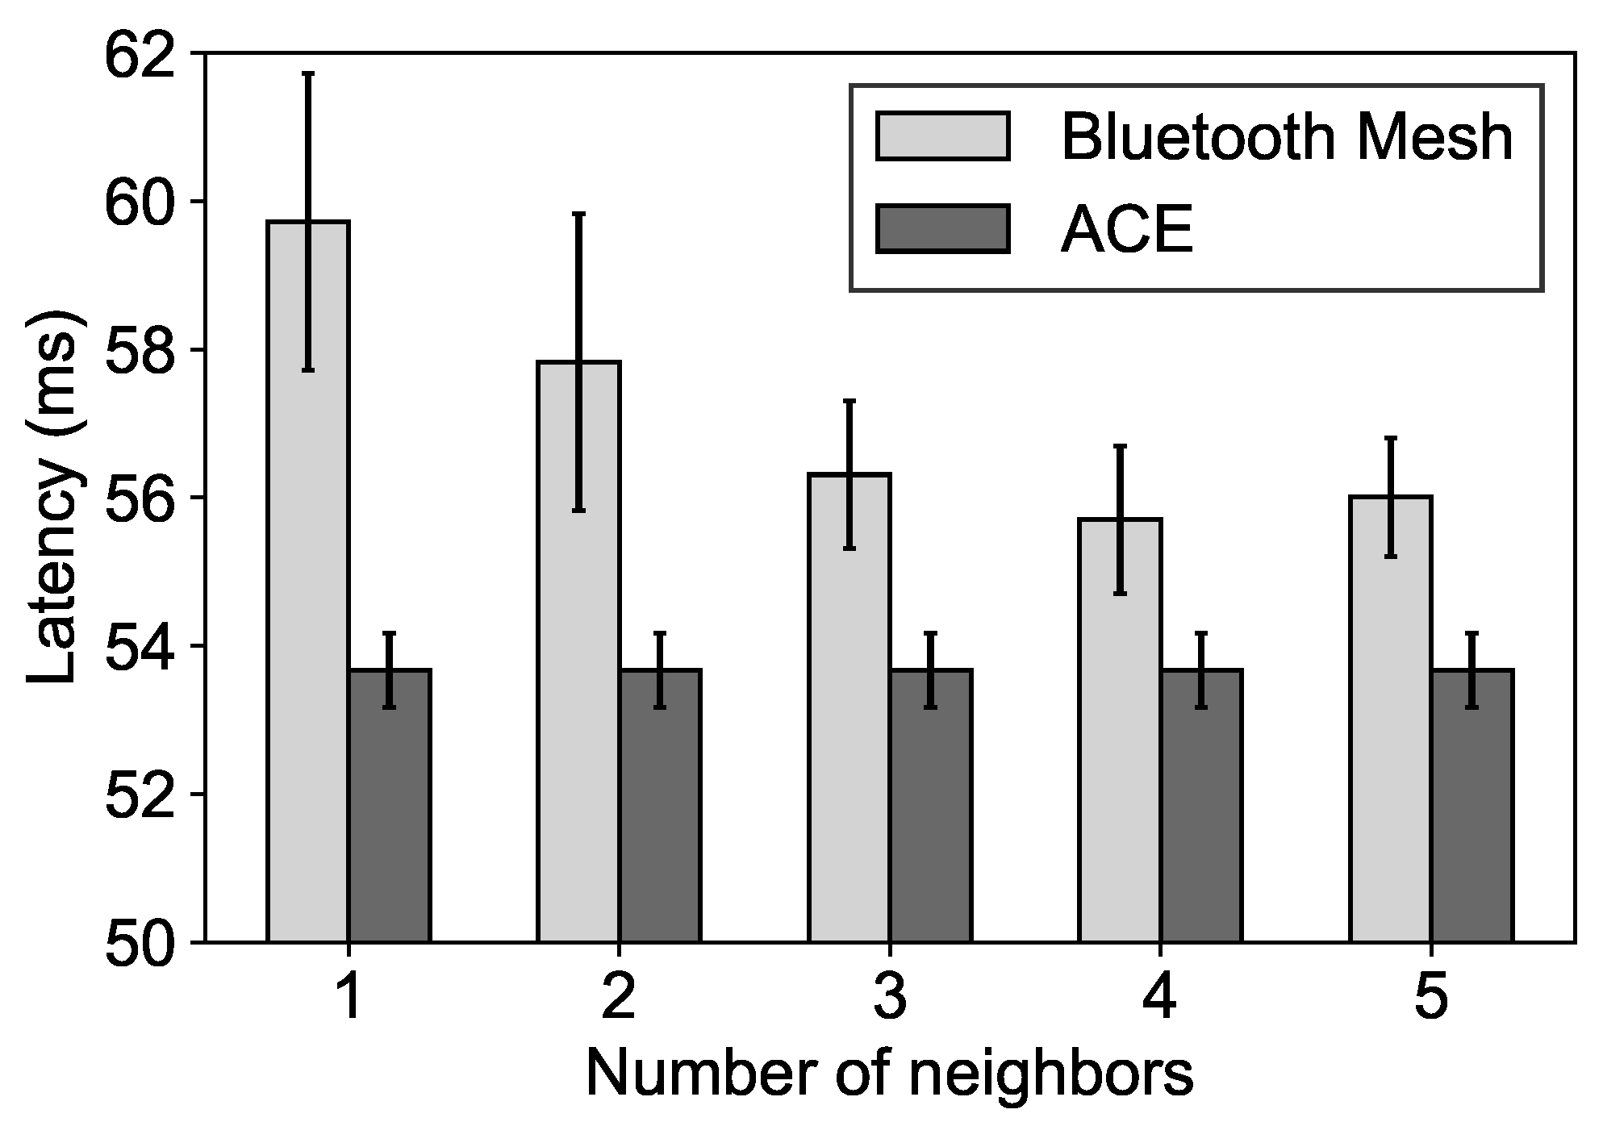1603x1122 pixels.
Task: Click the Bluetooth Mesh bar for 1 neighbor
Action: click(307, 581)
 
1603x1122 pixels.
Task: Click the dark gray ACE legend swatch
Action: click(942, 229)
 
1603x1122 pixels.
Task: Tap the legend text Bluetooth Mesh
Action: click(1286, 137)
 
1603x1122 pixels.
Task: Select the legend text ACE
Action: click(1126, 230)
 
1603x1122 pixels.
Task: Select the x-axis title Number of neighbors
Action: click(889, 1074)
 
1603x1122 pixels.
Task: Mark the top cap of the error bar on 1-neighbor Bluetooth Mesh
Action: click(307, 73)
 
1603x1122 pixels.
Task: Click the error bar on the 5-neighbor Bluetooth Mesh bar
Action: click(1391, 497)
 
